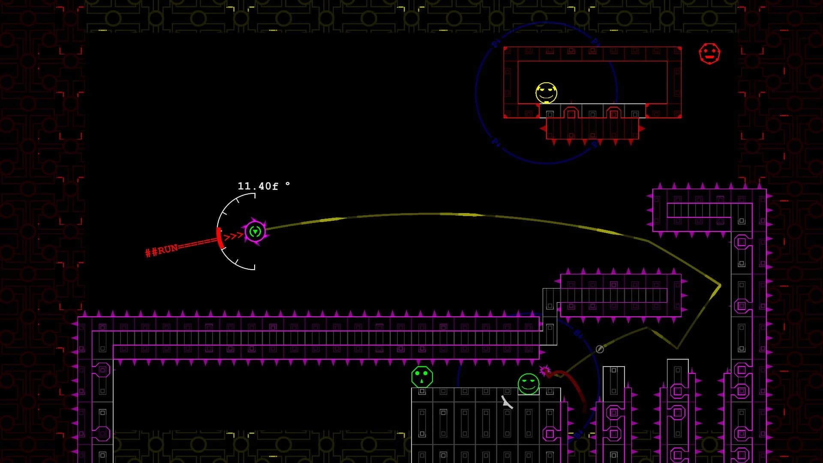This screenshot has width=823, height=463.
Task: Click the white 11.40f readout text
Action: [258, 186]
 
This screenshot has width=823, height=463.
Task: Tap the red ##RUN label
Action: [162, 250]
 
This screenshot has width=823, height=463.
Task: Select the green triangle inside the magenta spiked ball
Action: [255, 232]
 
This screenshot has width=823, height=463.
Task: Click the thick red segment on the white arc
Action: [219, 238]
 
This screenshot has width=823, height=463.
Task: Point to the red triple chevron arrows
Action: [234, 235]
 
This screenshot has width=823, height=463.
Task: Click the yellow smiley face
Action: [546, 93]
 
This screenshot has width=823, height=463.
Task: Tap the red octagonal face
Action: [709, 54]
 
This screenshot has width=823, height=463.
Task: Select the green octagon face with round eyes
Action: [422, 377]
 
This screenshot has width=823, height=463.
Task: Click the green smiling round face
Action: [528, 383]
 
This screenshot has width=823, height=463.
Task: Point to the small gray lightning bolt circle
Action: [600, 349]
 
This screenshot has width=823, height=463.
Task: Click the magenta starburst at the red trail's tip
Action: [545, 370]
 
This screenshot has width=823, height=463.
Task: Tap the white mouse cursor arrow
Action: [507, 402]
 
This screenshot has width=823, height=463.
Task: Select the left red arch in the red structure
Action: [571, 112]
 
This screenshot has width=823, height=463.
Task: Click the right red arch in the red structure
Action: [613, 112]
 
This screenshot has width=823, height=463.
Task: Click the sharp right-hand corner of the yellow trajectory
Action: [720, 285]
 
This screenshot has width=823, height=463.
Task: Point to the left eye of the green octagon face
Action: [418, 374]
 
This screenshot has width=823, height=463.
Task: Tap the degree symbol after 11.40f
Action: [287, 184]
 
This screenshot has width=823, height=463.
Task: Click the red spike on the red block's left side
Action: [543, 128]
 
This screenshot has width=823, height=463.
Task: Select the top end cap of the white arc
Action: [254, 195]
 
